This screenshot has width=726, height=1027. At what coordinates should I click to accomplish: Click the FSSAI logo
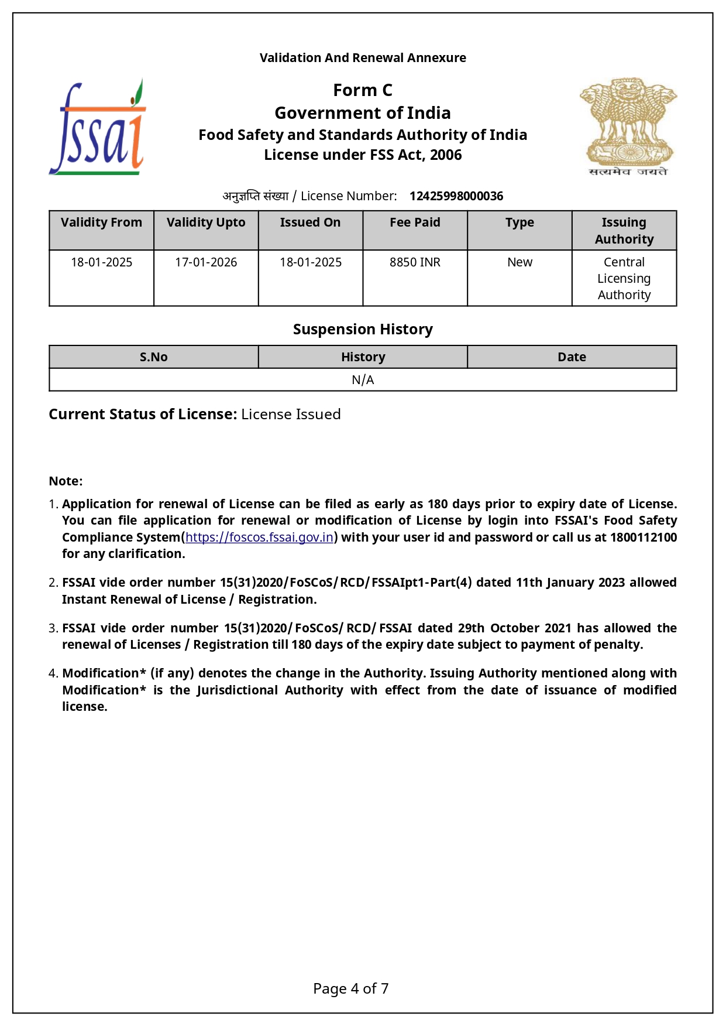pyautogui.click(x=97, y=128)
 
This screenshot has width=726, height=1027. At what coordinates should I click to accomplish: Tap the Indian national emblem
pyautogui.click(x=628, y=126)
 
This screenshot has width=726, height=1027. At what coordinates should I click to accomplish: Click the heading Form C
pyautogui.click(x=363, y=90)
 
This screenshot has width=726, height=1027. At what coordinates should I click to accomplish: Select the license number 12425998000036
pyautogui.click(x=456, y=196)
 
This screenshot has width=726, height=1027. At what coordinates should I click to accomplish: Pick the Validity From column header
pyautogui.click(x=101, y=222)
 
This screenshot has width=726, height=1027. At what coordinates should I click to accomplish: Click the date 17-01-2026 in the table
pyautogui.click(x=206, y=262)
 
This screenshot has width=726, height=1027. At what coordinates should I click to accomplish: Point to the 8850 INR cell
pyautogui.click(x=415, y=262)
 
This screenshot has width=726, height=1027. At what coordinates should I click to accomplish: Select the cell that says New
pyautogui.click(x=519, y=262)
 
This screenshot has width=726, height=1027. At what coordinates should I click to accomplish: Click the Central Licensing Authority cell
pyautogui.click(x=624, y=278)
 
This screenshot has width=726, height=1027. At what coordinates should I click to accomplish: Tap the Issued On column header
pyautogui.click(x=310, y=222)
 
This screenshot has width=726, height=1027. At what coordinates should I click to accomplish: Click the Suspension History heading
pyautogui.click(x=363, y=329)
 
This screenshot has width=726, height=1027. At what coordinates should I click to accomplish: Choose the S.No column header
pyautogui.click(x=153, y=357)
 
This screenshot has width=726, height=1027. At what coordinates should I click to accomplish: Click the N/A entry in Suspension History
pyautogui.click(x=363, y=380)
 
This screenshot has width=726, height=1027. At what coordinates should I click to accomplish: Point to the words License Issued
pyautogui.click(x=291, y=415)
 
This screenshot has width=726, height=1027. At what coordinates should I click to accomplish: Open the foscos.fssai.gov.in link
pyautogui.click(x=259, y=538)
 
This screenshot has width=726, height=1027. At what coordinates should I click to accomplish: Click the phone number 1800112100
pyautogui.click(x=643, y=538)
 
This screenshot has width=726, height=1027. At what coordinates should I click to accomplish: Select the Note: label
pyautogui.click(x=66, y=481)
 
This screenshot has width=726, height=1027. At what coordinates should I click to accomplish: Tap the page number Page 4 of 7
pyautogui.click(x=350, y=989)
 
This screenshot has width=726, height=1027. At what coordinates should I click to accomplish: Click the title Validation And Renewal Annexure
pyautogui.click(x=363, y=58)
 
